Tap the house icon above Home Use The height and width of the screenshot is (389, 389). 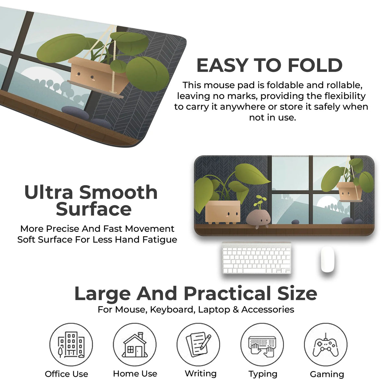pos(135,345)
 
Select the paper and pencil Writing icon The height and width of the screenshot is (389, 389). pos(198,345)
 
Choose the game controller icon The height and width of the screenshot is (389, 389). pos(325,345)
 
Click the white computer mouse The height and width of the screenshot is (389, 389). pos(327,259)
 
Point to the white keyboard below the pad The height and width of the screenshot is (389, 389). pos(256,258)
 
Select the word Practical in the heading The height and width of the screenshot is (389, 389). pos(227,293)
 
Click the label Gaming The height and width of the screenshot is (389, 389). pos(327,374)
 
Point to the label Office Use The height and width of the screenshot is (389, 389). pos(66,374)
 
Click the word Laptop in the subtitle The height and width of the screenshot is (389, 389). pos(214,310)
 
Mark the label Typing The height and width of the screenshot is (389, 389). pos(263,374)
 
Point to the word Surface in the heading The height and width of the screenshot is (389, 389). pos(94,209)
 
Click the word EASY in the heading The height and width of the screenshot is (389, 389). pos(222,65)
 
